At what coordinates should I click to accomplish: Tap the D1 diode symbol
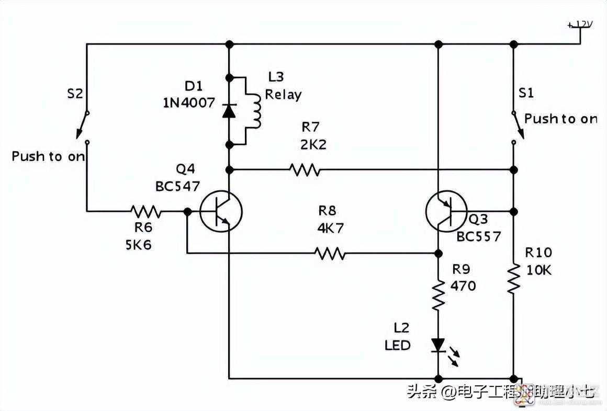229,111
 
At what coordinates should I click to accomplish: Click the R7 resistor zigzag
305,169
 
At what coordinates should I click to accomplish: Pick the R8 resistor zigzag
330,254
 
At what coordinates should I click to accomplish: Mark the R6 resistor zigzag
146,211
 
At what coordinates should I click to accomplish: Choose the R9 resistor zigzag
438,295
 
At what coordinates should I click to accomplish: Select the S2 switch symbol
84,126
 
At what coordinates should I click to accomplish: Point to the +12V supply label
582,25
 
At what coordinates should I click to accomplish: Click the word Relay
284,95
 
